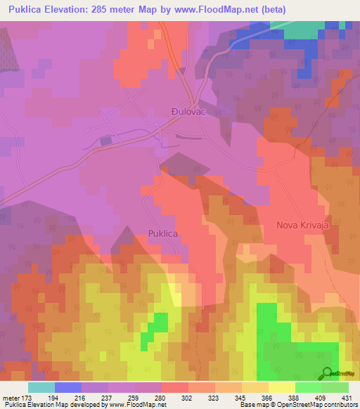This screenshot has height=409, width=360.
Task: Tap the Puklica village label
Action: tap(162, 233)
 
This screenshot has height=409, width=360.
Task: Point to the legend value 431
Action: tap(343, 397)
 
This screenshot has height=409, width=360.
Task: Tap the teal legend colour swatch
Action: tap(41, 387)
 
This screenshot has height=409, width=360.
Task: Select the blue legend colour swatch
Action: tap(68, 387)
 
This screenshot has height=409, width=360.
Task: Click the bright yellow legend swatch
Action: tap(281, 387)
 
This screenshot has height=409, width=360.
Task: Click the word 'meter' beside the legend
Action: tap(11, 397)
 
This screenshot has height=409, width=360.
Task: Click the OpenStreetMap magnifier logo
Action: tap(327, 372)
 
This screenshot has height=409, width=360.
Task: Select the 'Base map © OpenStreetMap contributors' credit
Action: tap(297, 405)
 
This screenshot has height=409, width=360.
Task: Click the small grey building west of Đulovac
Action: tap(105, 141)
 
